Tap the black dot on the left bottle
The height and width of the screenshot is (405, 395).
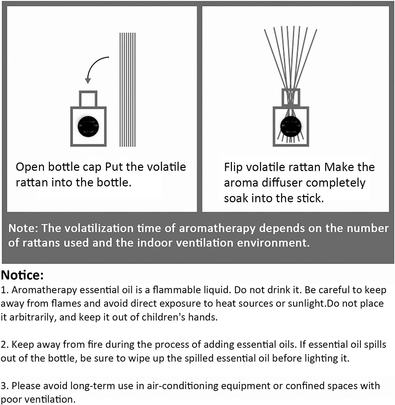pyautogui.click(x=88, y=126)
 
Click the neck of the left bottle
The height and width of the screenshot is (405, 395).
pyautogui.click(x=88, y=99)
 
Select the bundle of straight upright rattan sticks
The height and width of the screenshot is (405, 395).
pyautogui.click(x=128, y=90)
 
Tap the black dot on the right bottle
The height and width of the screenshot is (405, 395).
pyautogui.click(x=291, y=126)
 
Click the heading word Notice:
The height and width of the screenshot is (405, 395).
pyautogui.click(x=22, y=275)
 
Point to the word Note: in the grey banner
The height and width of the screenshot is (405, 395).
pyautogui.click(x=24, y=228)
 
